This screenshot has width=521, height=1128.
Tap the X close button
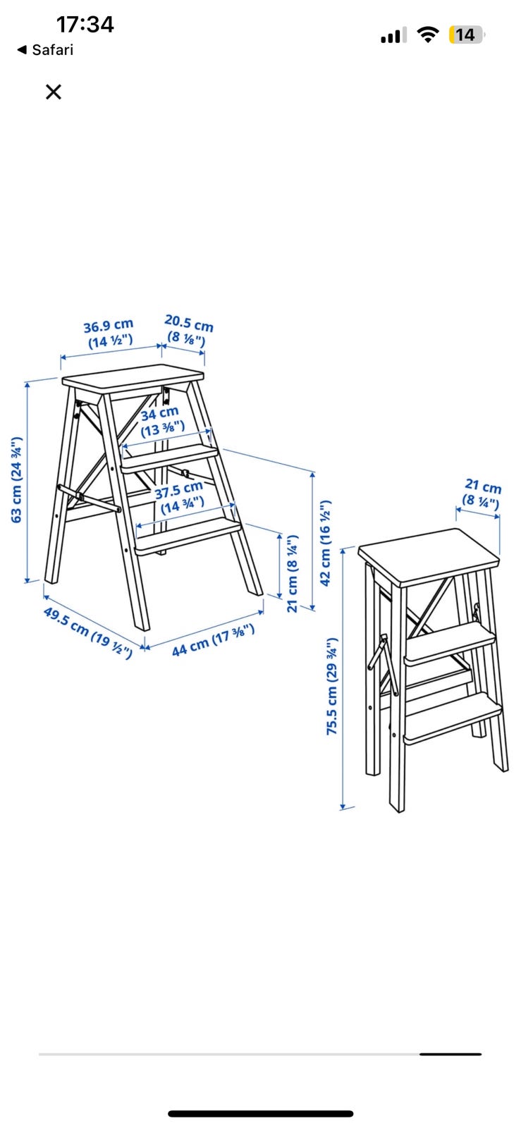point(54,92)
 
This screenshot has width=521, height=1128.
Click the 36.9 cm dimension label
point(109,333)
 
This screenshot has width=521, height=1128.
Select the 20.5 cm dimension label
point(188,331)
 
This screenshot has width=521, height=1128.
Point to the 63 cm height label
point(17,480)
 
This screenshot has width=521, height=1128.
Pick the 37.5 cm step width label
point(180,498)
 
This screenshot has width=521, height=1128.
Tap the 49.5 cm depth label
point(87,632)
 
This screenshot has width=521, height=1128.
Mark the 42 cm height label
point(326,543)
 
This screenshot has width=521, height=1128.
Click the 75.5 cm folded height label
point(332,686)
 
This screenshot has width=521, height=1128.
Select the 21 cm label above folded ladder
point(482,494)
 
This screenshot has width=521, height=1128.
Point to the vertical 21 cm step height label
point(293,574)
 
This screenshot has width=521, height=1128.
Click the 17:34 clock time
point(85,24)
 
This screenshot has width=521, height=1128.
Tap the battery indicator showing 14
point(467,35)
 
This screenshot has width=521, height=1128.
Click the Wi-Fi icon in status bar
point(427,35)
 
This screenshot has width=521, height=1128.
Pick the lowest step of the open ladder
point(189,537)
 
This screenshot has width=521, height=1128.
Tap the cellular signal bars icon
point(393,35)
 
